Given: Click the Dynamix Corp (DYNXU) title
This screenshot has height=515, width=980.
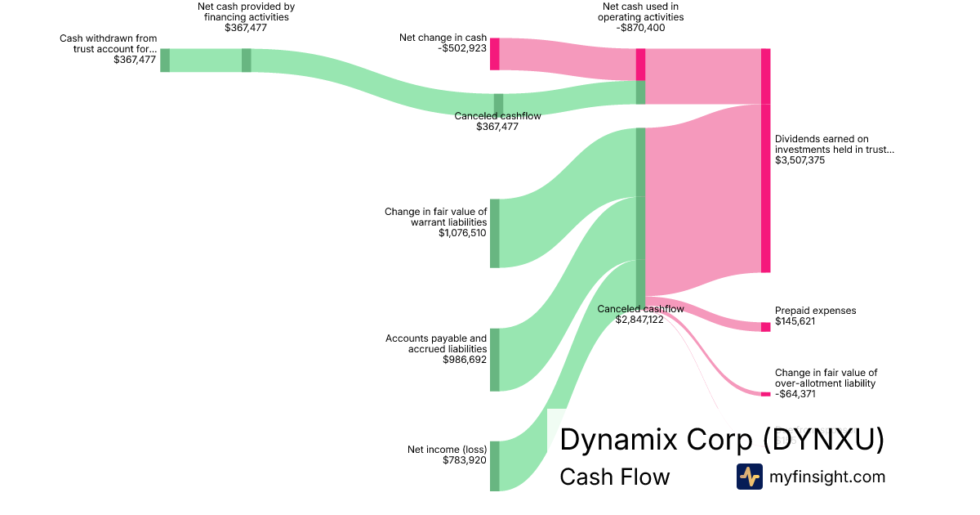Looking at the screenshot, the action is coord(721,440).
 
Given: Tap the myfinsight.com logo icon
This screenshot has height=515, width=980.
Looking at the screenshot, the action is coord(749,477).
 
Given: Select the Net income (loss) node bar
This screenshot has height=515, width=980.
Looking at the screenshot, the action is coord(495,466).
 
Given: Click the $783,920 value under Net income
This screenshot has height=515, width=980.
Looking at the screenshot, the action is coord(465,460).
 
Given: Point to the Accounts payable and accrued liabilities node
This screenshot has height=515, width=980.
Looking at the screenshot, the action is coord(495,360).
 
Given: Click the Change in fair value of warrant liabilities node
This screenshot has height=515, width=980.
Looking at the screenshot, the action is coord(495,233).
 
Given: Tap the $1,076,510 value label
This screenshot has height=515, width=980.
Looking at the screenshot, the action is coord(462,233).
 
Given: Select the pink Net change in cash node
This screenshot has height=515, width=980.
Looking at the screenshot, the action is coord(495,54).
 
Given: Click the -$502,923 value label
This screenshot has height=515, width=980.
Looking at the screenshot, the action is coord(462,48).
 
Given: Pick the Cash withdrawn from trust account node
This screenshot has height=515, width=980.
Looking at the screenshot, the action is coord(165,60).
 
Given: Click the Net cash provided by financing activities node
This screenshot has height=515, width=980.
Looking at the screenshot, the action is coord(247,60).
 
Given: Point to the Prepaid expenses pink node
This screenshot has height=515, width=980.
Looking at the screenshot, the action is coord(765,327).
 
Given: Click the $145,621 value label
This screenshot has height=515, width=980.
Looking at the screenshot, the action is coord(796,321).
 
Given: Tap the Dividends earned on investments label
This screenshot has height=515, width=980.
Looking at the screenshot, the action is coord(834,144).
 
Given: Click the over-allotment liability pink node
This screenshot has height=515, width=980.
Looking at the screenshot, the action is coord(765,394).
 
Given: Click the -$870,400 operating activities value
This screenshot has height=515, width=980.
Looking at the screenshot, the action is coord(641,28).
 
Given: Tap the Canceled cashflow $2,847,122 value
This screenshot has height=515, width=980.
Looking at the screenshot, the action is coord(640,320).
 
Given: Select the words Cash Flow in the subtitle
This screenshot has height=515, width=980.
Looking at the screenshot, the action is coord(614,477).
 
